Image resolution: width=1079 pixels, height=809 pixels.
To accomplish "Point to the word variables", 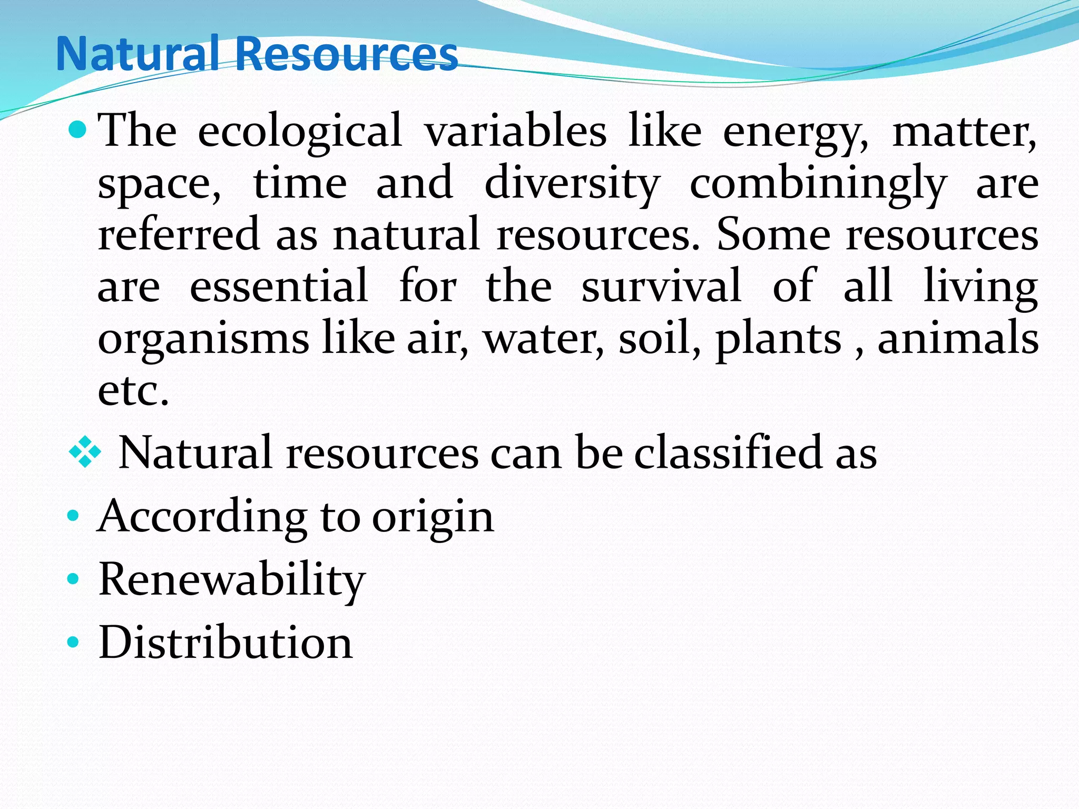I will click(515, 131).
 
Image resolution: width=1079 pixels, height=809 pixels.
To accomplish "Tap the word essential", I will click(279, 285).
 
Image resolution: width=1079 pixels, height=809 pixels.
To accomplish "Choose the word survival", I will click(662, 285).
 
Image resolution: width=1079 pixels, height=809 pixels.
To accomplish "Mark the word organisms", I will click(203, 338).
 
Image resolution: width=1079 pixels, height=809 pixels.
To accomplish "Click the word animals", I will click(958, 338).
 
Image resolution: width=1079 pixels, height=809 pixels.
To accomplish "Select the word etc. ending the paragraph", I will click(133, 391).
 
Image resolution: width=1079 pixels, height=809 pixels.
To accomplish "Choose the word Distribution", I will click(225, 643).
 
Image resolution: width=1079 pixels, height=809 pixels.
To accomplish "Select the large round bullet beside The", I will click(77, 128).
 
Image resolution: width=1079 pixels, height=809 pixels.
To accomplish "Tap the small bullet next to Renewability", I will click(73, 579).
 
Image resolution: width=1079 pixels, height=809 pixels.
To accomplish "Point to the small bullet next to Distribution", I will click(73, 642).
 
